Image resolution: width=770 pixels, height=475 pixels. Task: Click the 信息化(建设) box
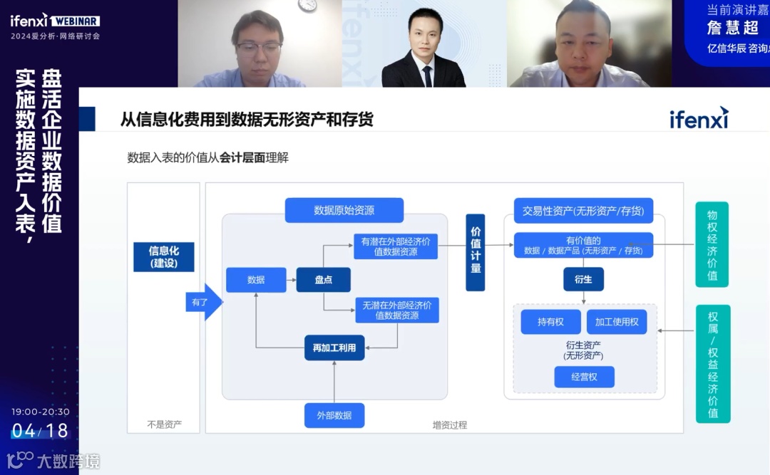pos(163,257)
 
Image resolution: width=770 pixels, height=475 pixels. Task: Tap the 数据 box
pos(256,280)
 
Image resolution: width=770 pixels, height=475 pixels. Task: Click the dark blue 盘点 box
pos(324,280)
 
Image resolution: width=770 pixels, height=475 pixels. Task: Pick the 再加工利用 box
pos(334,348)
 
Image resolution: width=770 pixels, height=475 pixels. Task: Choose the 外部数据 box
pos(334,415)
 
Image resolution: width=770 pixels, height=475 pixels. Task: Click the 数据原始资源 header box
pos(344,210)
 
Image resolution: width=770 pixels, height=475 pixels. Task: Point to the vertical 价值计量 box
pos(476,252)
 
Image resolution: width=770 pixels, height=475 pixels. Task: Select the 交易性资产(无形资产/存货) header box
pos(583,210)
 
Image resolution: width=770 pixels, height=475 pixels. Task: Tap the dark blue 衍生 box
pos(583,279)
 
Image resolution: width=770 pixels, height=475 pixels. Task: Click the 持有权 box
pos(550,322)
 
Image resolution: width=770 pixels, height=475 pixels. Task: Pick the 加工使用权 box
pos(617,322)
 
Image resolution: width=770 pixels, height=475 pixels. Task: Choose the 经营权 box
pos(584,377)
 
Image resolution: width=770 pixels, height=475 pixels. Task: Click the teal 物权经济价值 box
pos(712,245)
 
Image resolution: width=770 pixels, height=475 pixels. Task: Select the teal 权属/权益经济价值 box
pos(712,363)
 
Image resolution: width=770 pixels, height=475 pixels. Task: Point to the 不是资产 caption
pos(164,424)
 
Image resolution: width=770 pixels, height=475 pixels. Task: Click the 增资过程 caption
pos(449,425)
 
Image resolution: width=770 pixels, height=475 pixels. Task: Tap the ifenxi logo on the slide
pos(699,118)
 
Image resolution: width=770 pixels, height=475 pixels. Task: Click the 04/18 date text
pos(40,430)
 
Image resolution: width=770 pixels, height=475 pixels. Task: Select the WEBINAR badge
pos(76,21)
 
